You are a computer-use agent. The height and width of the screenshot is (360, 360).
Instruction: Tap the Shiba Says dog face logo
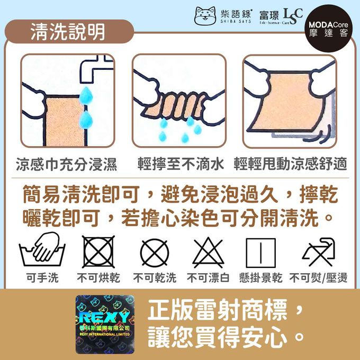(x=204, y=16)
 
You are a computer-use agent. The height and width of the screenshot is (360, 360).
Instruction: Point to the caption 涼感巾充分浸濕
(x=66, y=163)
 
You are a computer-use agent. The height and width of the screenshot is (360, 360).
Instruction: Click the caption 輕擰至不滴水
(x=179, y=163)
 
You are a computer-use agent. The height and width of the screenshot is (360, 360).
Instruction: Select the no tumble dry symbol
(x=98, y=252)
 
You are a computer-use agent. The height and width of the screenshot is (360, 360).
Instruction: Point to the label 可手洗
(x=43, y=278)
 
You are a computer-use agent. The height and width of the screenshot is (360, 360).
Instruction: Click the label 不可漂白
(x=208, y=278)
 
